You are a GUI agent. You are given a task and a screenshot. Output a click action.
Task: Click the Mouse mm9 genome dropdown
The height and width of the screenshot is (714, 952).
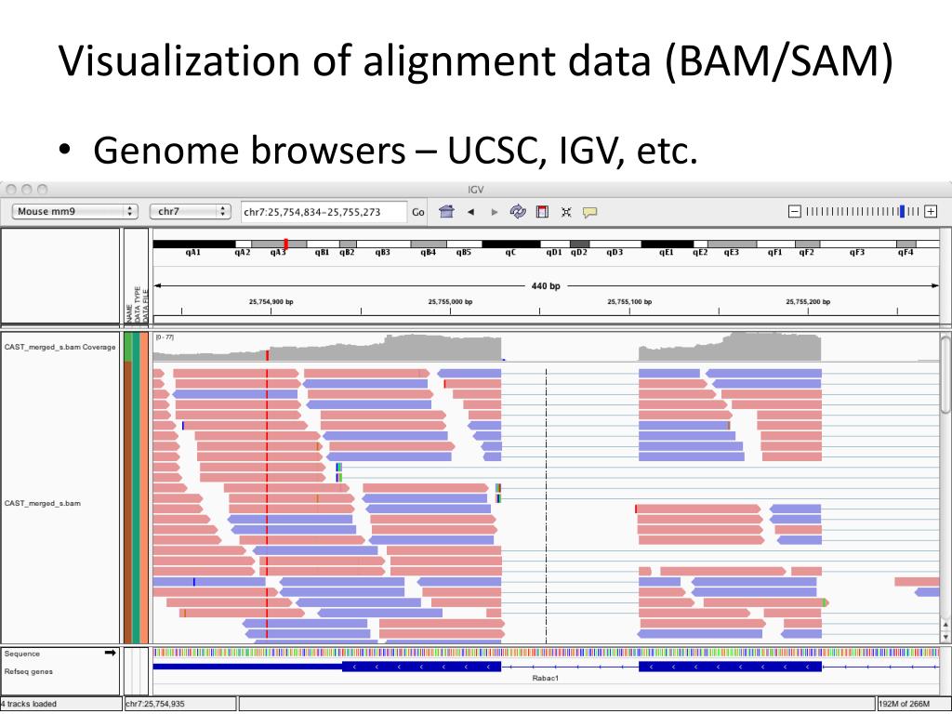pos(75,211)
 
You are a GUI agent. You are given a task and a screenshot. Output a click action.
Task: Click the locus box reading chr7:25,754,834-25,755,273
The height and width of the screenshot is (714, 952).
pos(323,212)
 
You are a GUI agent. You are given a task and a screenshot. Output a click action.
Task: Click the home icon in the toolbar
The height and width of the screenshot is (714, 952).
pos(446,212)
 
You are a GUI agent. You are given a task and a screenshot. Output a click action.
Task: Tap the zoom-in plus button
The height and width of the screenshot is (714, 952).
pos(931,211)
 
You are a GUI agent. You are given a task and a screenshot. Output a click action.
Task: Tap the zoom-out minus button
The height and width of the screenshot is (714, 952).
pos(794,211)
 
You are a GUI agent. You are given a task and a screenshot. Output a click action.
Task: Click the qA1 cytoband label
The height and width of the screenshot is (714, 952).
pos(193,252)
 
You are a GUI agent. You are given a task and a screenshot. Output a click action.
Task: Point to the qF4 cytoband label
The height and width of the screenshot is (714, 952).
pos(906,252)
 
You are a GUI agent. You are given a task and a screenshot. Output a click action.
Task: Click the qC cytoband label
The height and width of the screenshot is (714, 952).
pos(510,252)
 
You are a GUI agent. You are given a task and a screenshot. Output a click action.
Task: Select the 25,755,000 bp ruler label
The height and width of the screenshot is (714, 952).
pos(450,301)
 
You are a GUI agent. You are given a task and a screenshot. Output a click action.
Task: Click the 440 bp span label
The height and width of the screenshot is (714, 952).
pos(546,286)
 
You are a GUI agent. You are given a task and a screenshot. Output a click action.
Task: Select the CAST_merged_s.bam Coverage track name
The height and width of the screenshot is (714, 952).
pos(60,347)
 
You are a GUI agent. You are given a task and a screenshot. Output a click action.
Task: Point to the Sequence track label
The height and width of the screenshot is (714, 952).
pos(22,654)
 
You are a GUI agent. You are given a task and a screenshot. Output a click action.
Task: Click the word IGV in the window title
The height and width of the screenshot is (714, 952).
pos(475,190)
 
